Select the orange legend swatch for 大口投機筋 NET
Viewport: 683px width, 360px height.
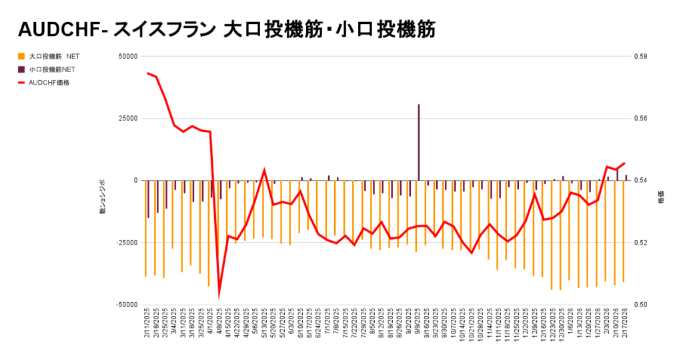coord(21,56)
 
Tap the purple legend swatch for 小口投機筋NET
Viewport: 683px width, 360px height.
coord(21,69)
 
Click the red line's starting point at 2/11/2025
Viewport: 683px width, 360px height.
coord(147,73)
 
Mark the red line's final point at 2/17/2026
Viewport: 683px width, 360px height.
coord(624,163)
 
